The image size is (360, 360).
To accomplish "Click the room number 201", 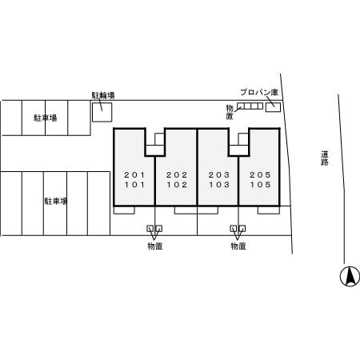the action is [134, 175].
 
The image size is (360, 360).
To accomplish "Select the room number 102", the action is [177, 185].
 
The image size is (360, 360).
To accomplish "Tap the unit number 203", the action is [219, 175].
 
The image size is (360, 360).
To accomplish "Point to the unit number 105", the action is [260, 185].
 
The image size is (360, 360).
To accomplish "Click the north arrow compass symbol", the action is [350, 276].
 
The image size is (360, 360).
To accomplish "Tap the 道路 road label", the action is [325, 158].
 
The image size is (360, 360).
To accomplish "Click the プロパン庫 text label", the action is [259, 92].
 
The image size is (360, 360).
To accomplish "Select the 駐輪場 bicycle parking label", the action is [103, 95].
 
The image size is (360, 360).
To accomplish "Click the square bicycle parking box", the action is [102, 112].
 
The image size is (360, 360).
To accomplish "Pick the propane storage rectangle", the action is [273, 107].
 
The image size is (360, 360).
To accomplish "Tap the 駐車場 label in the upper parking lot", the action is [46, 118].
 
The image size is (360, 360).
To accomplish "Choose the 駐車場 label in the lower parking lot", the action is [56, 201].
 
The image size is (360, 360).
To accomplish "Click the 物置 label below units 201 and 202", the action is [155, 246].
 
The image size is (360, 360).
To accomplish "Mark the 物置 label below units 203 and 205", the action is [238, 246].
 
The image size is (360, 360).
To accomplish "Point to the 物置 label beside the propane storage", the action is [230, 112].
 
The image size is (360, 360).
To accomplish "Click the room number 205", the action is [260, 175].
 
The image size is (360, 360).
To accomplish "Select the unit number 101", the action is [134, 185].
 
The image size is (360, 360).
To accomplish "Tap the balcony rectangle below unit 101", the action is [124, 210].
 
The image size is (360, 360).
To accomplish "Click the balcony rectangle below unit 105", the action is [269, 210].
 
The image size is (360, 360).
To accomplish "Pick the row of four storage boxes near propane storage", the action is [250, 106].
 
